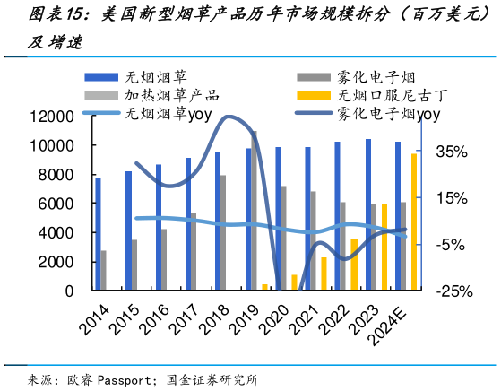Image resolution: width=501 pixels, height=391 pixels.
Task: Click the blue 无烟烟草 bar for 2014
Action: click(98, 234)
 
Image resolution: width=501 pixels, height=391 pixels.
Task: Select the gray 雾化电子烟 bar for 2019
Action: click(255, 211)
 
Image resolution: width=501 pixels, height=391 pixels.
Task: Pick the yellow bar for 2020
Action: click(293, 282)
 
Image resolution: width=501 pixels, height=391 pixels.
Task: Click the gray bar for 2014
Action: click(104, 270)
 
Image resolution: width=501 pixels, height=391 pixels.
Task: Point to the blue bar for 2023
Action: click(367, 215)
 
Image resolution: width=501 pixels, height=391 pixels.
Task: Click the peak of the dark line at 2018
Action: click(229, 117)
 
